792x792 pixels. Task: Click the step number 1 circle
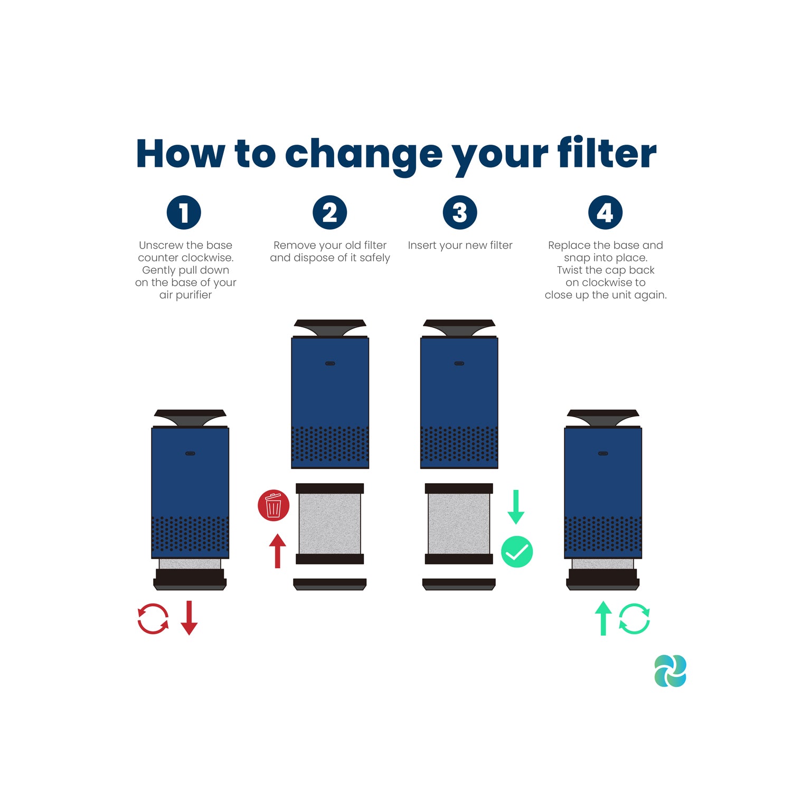[184, 212]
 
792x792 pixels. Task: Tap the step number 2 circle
[329, 212]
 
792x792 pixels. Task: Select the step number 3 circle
[460, 212]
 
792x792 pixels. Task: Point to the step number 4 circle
[605, 212]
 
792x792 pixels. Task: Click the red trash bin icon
[274, 505]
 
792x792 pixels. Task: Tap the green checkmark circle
[517, 552]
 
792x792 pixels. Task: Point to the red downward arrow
[189, 618]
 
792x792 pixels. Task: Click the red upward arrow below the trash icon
[277, 551]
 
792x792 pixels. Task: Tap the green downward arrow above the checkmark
[516, 507]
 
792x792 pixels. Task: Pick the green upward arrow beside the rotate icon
[603, 618]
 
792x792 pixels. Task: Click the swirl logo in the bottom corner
[671, 671]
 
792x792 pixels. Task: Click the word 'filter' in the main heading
[607, 153]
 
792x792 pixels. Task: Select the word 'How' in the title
[180, 154]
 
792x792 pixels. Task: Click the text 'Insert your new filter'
[460, 245]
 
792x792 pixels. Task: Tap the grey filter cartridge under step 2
[329, 524]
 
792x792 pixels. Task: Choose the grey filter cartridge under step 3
[459, 524]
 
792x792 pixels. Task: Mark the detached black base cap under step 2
[330, 584]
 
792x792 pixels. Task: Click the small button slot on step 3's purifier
[459, 363]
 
